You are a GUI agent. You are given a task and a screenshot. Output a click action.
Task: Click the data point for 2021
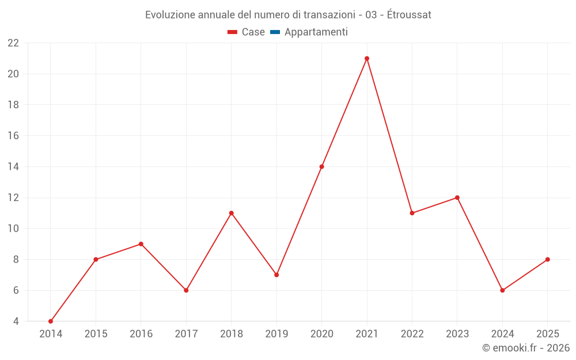click(x=367, y=58)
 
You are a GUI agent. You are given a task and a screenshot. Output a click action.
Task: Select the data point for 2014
click(x=51, y=321)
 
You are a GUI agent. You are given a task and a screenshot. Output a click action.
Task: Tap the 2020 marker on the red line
click(x=321, y=166)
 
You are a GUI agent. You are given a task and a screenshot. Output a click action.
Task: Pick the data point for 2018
click(x=232, y=213)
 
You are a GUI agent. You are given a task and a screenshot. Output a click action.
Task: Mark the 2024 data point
click(x=502, y=290)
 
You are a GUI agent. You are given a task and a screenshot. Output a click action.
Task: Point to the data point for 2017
click(x=186, y=290)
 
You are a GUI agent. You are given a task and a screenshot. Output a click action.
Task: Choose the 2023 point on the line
click(x=457, y=198)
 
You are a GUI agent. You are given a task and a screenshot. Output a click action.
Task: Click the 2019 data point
click(x=276, y=275)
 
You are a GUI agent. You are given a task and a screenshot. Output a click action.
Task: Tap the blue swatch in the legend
click(x=275, y=32)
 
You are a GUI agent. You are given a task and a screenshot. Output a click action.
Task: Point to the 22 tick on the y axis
click(x=13, y=43)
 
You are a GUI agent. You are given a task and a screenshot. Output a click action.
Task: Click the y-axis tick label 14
click(x=13, y=167)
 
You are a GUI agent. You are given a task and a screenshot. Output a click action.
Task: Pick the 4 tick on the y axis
click(x=16, y=321)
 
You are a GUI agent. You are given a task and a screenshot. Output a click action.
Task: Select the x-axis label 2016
click(x=141, y=334)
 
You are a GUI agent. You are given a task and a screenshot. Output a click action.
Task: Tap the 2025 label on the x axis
click(x=547, y=334)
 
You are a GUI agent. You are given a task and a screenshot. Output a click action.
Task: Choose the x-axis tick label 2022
click(x=412, y=334)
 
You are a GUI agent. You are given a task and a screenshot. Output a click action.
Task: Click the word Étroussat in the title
click(x=409, y=15)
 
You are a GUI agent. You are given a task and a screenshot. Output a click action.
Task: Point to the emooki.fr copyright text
click(x=525, y=348)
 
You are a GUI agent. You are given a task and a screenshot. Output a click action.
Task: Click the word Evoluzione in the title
click(x=170, y=15)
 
